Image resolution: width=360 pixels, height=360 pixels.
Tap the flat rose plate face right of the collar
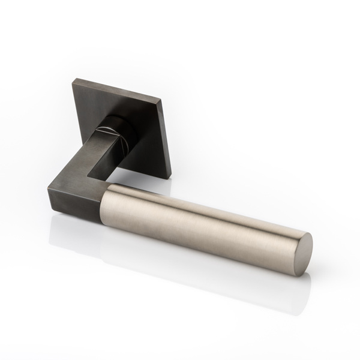147,135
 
